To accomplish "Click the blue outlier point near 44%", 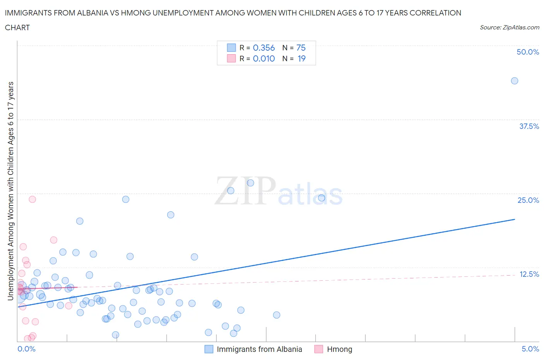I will point(514,81).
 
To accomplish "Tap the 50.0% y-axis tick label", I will point(527,52).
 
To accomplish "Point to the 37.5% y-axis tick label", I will point(529,126).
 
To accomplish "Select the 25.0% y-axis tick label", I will point(528,200).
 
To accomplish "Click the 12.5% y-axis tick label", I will point(529,274).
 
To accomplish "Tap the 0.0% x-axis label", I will point(26,349).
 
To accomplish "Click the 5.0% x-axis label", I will point(530,349).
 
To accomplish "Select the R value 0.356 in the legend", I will point(263,48).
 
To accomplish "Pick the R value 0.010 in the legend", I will point(263,58).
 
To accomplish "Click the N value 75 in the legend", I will point(301,48).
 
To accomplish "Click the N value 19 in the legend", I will point(301,58).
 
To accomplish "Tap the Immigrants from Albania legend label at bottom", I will point(259,349).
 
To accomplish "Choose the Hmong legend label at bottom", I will point(339,349).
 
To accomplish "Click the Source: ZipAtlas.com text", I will point(509,27).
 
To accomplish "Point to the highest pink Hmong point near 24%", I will point(33,199).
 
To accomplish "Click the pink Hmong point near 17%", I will point(54,240).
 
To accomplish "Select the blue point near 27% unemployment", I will point(250,183).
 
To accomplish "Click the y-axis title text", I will point(10,191).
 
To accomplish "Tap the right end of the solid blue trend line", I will point(515,219).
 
